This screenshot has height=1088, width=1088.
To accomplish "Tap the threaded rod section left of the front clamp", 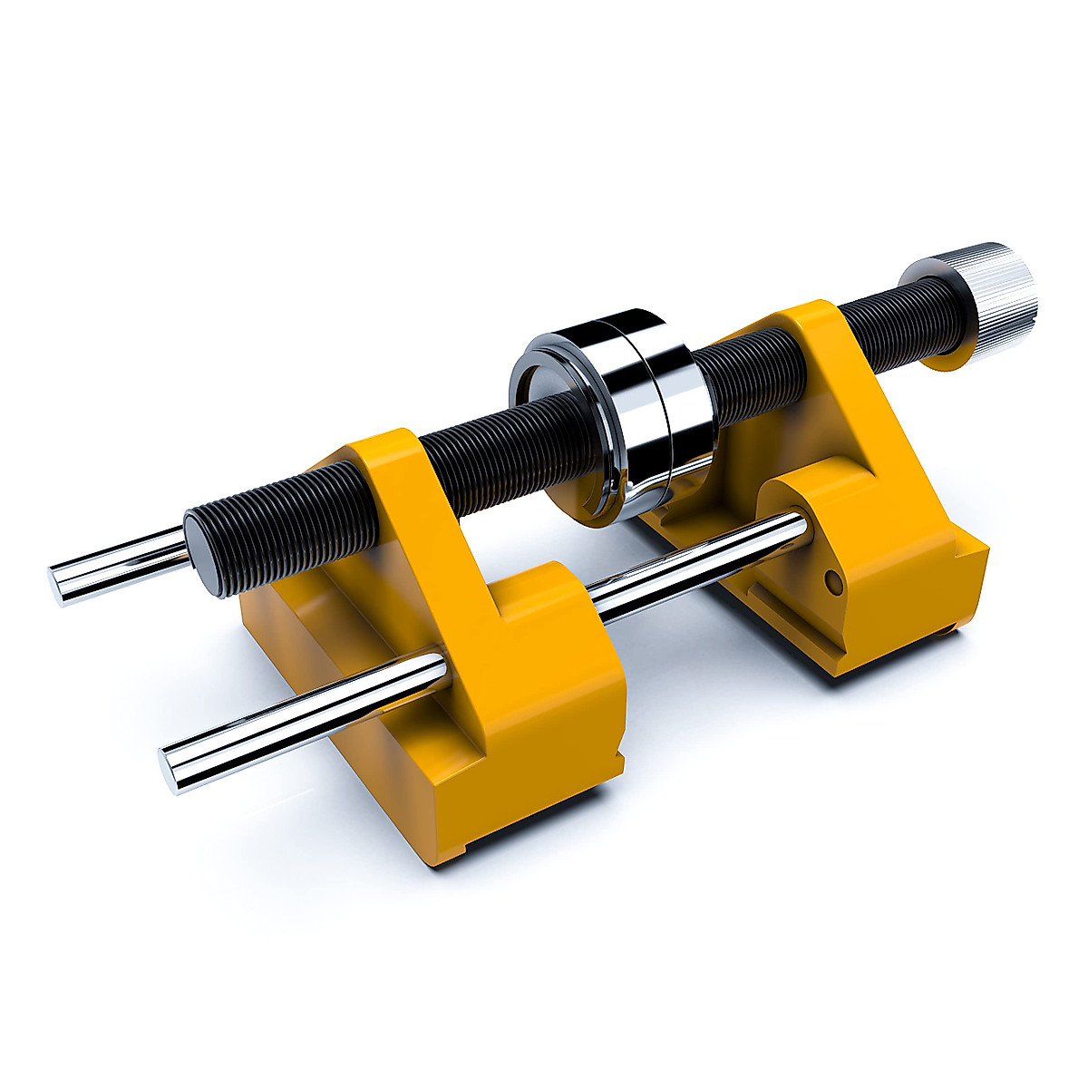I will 272,526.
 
